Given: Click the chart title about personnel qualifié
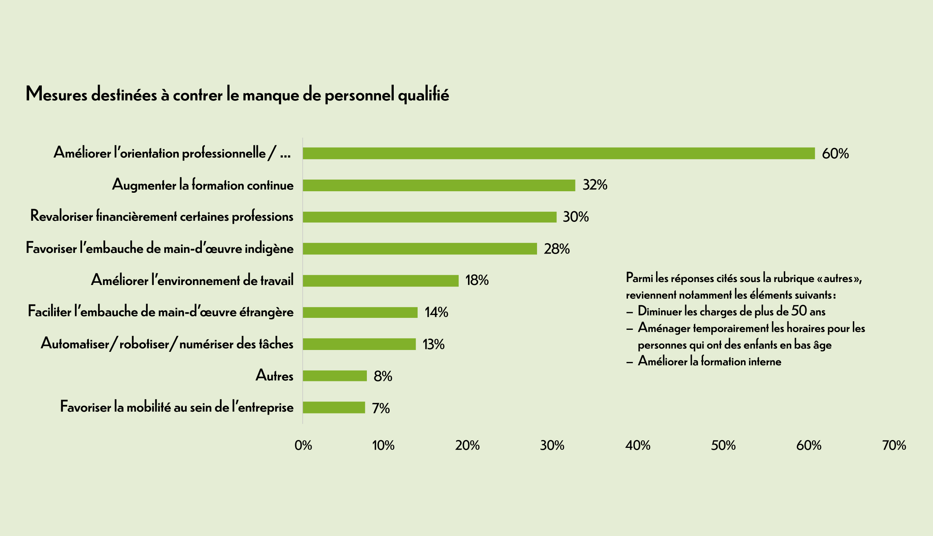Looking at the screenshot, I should [237, 94].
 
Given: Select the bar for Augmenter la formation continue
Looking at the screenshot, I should [439, 185].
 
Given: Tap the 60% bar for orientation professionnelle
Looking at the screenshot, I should [558, 154].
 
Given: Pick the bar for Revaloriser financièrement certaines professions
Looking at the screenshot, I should [429, 217].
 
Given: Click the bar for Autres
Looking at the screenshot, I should [334, 376].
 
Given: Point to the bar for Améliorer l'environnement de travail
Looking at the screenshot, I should [380, 281].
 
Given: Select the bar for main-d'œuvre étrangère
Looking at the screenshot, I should [360, 312].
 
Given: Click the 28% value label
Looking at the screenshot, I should [556, 249].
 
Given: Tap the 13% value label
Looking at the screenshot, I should [433, 344].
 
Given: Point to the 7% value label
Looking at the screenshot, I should [381, 408].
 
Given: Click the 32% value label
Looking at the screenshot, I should [595, 185].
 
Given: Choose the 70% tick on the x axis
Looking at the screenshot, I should [894, 445].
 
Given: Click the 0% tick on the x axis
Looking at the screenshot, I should [303, 445].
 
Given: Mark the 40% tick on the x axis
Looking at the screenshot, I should [637, 445].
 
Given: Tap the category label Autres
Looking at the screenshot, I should [274, 375].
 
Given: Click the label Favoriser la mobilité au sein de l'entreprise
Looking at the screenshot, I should [177, 407].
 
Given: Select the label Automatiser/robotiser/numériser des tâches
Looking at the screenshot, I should [167, 344].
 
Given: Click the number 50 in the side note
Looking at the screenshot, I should [799, 311].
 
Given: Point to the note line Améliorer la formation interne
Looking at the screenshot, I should [709, 361].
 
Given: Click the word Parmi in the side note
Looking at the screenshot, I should [639, 278].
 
